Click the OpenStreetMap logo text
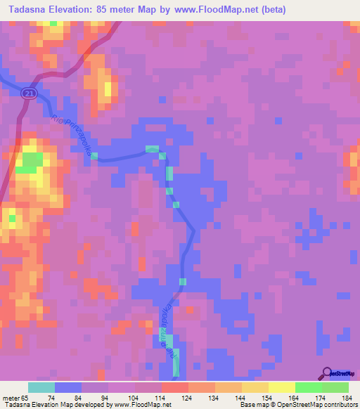pyautogui.click(x=345, y=372)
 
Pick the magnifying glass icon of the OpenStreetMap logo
pyautogui.click(x=327, y=372)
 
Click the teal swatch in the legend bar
pyautogui.click(x=41, y=387)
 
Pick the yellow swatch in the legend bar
pyautogui.click(x=281, y=387)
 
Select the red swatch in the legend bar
pyautogui.click(x=174, y=387)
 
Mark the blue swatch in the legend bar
pyautogui.click(x=67, y=387)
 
